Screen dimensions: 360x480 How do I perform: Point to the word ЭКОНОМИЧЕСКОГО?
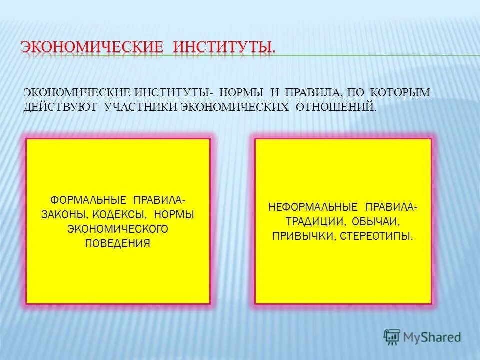point(118,229)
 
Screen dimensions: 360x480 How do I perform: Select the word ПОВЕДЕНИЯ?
point(118,243)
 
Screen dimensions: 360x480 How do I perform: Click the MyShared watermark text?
point(433,337)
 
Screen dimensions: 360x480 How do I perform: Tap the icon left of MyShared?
point(392,337)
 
